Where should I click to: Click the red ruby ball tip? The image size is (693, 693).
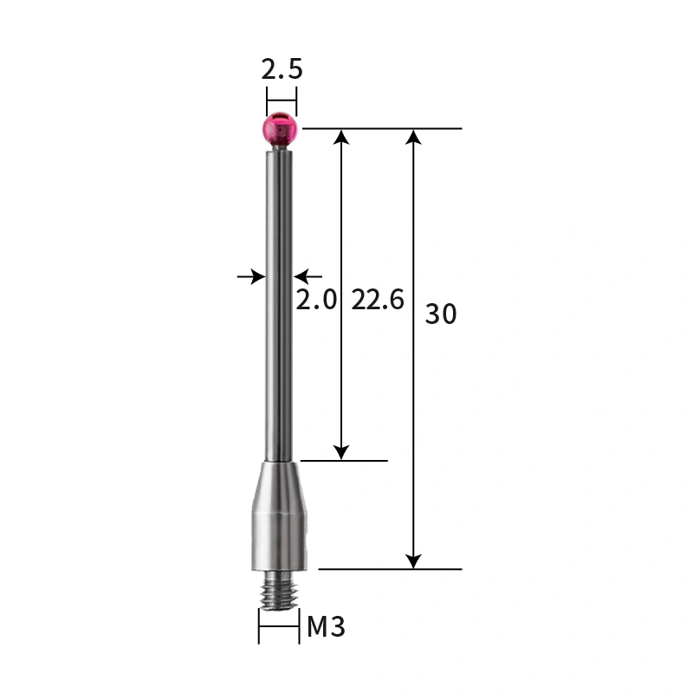pos(281,129)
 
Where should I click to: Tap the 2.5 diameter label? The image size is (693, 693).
pos(282,69)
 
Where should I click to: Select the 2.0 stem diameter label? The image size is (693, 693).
pos(316,301)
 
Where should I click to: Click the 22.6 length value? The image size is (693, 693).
pos(378,301)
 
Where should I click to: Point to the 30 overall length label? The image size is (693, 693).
pos(440,314)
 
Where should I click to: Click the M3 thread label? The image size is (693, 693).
pos(326,627)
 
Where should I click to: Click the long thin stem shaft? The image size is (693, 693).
pos(280,303)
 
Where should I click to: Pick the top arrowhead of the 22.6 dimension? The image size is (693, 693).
pos(342,136)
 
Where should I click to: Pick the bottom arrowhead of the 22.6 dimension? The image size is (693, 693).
pos(342,452)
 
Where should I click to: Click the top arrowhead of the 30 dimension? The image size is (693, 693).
pos(414,136)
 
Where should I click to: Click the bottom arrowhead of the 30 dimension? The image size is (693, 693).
pos(414,561)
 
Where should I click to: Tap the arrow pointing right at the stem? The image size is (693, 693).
pos(256,276)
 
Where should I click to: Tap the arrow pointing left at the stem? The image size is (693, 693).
pos(302,276)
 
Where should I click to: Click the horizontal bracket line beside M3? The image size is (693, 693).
pos(279,627)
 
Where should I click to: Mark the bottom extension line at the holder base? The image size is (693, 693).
pos(390,569)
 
